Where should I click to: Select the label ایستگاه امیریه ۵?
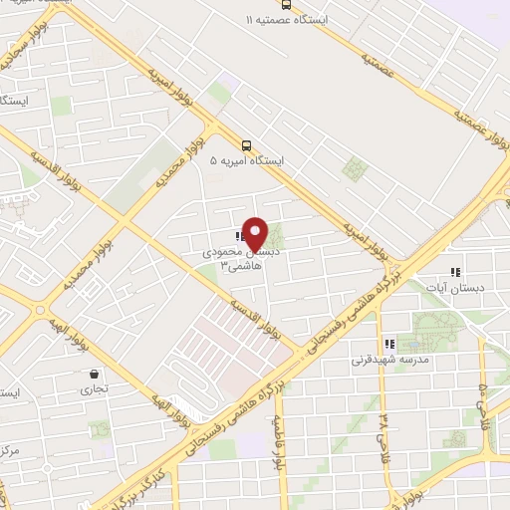pyautogui.click(x=247, y=159)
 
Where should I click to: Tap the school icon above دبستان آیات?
pyautogui.click(x=454, y=271)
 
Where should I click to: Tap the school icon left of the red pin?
pyautogui.click(x=239, y=237)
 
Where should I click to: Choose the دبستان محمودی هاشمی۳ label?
pyautogui.click(x=232, y=260)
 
